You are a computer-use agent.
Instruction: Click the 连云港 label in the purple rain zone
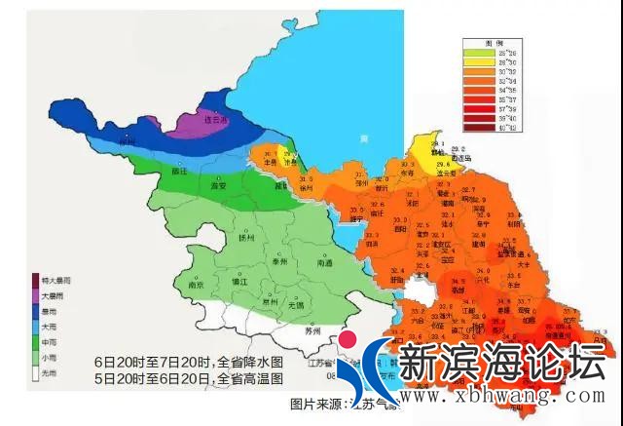click(x=199, y=120)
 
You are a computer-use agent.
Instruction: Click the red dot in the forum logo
click(x=347, y=341)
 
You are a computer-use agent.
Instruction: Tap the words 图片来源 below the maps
click(x=311, y=403)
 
